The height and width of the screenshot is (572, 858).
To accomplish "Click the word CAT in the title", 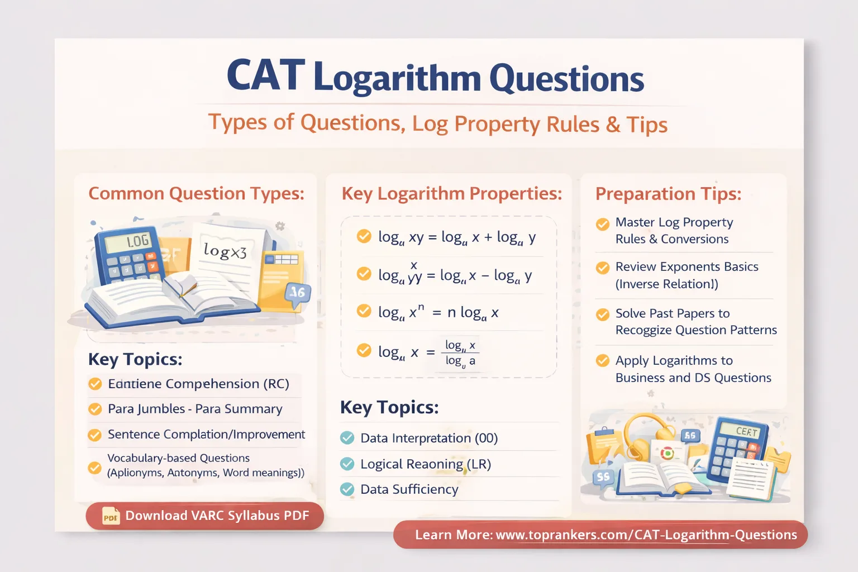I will (x=266, y=76).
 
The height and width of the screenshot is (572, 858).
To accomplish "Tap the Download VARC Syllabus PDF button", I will (x=205, y=516).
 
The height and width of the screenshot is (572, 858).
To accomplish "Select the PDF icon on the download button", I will (x=111, y=516).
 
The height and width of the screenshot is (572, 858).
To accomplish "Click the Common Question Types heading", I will (x=197, y=193).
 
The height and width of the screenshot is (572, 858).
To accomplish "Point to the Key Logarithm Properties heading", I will (x=452, y=193).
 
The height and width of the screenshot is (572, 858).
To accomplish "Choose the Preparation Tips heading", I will (x=669, y=194).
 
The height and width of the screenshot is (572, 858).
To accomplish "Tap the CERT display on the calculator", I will (x=746, y=431).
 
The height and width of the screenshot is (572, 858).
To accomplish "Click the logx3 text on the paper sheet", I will (x=225, y=251).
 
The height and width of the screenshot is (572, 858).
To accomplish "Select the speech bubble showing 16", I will (x=297, y=292).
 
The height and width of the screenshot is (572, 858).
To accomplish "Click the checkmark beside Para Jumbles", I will (x=95, y=409).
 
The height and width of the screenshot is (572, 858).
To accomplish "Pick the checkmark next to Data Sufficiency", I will (x=347, y=489).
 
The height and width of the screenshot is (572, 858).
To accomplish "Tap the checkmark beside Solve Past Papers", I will (x=603, y=314).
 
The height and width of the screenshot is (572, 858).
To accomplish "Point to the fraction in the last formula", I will (x=460, y=353).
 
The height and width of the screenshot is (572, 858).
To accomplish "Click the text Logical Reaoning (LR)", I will (x=425, y=464).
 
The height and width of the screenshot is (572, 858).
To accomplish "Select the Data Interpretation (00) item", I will (x=428, y=438).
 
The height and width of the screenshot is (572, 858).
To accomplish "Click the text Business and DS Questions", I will (x=693, y=378).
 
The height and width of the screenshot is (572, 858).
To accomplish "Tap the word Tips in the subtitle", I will (x=647, y=125).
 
